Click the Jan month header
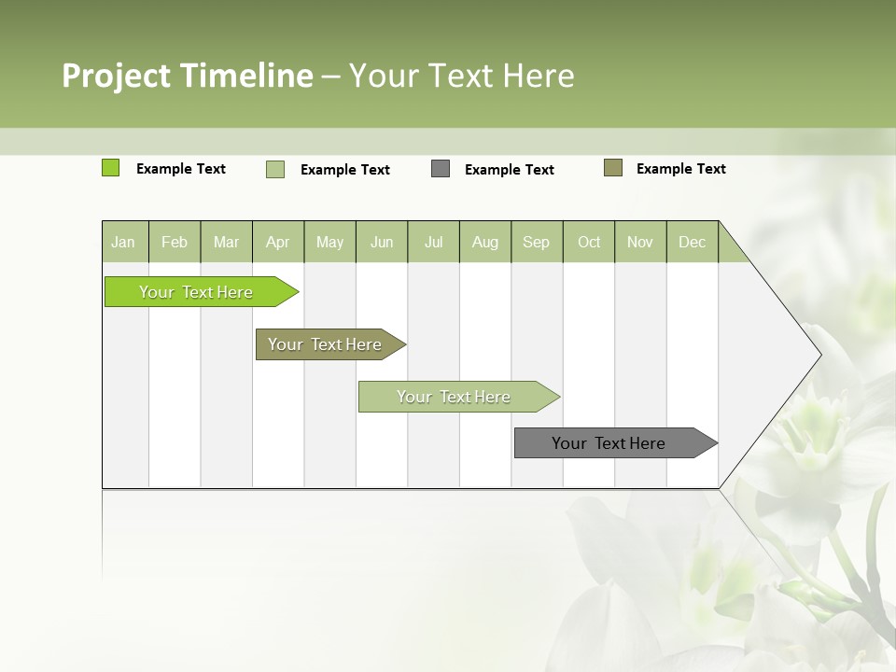coord(123,243)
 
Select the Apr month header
coord(278,243)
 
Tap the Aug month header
coord(485,243)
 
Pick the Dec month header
coord(693,243)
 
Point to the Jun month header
coord(382,243)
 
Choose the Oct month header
coord(589,243)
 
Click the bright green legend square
coord(110,168)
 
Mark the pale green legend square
coord(275,169)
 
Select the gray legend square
coord(441,169)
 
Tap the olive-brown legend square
coord(613,168)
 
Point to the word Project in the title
coord(117,76)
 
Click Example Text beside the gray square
coord(510,170)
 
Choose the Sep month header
coord(537,243)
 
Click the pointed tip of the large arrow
coord(819,354)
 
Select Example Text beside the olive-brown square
coord(681,169)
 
